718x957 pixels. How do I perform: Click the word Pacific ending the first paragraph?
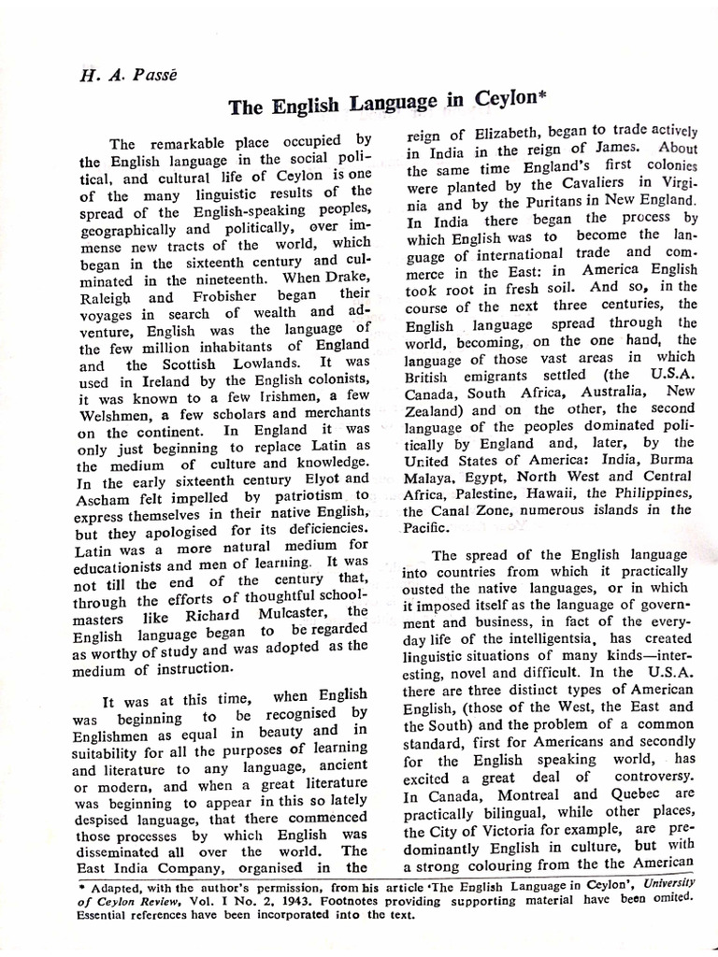(x=426, y=526)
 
